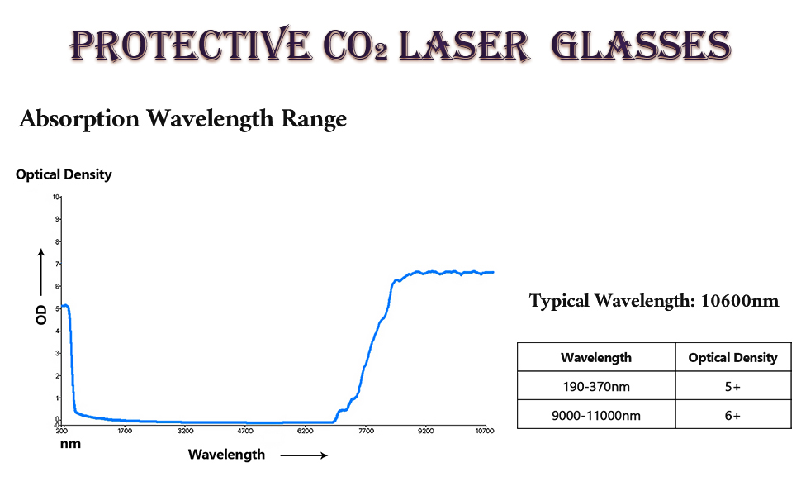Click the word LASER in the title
point(464,45)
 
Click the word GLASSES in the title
point(641,45)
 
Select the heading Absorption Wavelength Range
point(182,119)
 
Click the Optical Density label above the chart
point(64,174)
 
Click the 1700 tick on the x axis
point(125,431)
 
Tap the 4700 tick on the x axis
point(245,431)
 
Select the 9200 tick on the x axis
point(425,431)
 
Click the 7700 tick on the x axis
point(366,431)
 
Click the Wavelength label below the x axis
point(226,454)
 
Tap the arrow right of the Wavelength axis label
point(303,455)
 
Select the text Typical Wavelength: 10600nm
point(654,301)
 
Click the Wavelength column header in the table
point(595,358)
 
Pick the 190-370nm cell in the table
point(595,387)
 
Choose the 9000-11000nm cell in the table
point(595,416)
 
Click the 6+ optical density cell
point(732,416)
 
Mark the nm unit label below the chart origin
point(69,444)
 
